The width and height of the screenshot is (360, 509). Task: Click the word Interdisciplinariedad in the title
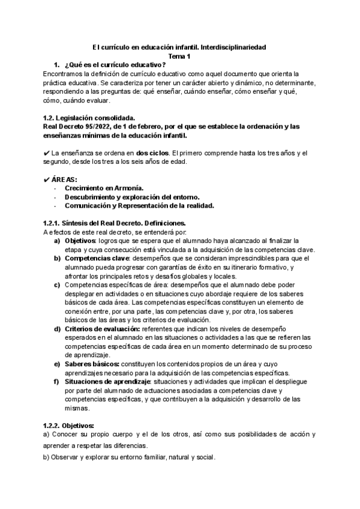coord(233,46)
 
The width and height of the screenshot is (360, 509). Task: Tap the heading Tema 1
coord(179,56)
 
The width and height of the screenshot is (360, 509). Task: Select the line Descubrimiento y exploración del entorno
coord(132,197)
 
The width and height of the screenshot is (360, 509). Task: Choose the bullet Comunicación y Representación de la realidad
coord(139,205)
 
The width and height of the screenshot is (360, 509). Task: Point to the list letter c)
coord(56,285)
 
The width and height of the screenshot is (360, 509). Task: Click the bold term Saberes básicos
coord(92,364)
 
